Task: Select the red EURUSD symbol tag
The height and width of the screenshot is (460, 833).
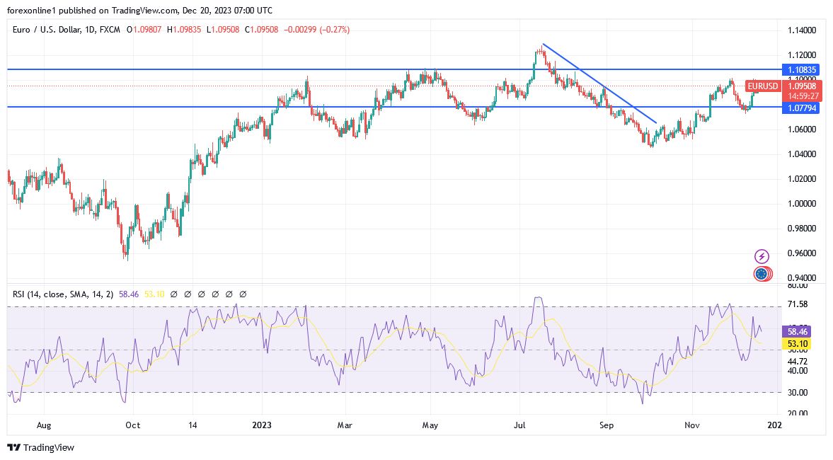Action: point(764,86)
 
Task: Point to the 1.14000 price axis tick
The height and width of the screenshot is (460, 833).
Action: point(801,30)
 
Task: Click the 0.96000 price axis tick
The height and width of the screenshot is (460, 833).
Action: point(801,253)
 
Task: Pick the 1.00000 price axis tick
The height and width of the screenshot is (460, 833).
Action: point(801,204)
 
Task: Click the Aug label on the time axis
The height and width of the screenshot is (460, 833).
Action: point(44,425)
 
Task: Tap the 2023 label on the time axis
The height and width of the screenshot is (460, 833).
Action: point(262,425)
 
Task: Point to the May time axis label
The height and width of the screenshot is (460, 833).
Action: point(430,425)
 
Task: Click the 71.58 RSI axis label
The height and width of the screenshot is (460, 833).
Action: point(797,304)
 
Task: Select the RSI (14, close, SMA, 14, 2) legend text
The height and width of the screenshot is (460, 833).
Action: point(64,294)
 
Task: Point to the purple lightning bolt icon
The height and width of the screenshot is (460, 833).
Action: point(762,256)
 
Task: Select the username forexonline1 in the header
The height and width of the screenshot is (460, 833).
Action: point(31,10)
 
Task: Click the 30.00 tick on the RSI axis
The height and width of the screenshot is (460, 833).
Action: point(797,392)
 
